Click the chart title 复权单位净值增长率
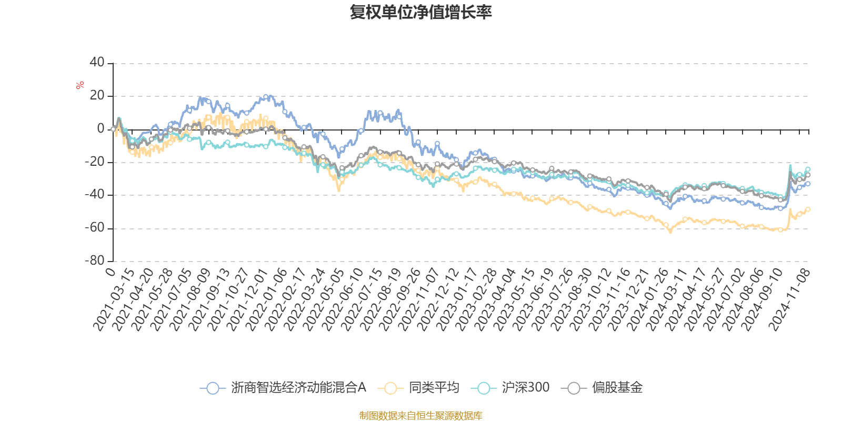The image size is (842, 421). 420,12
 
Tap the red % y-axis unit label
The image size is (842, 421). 80,85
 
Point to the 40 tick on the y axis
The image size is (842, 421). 97,63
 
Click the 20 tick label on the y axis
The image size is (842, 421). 97,96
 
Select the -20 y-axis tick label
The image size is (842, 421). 95,162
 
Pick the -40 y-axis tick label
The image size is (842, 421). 95,195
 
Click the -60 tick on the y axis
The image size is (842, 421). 95,228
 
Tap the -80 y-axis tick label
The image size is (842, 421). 95,260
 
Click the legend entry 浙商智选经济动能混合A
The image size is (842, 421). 298,388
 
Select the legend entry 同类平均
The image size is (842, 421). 434,388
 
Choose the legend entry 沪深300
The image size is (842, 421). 525,388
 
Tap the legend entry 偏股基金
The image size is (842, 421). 617,388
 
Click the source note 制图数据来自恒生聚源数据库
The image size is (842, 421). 420,416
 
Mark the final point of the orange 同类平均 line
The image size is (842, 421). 808,209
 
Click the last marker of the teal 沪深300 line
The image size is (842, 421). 808,169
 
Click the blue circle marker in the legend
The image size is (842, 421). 213,388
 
